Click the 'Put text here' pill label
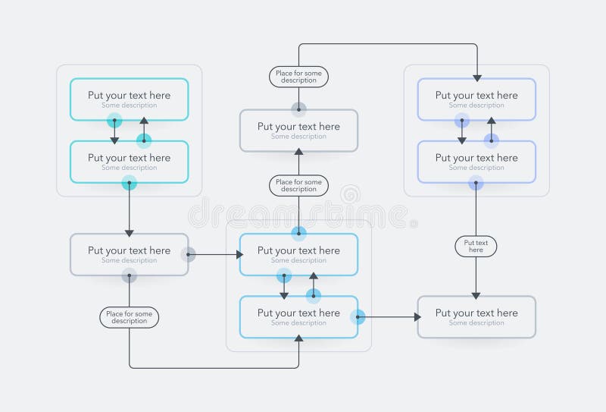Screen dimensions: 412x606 click(476, 246)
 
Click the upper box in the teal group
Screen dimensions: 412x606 click(129, 99)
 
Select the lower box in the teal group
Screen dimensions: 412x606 click(129, 162)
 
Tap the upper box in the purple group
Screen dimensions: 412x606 click(476, 99)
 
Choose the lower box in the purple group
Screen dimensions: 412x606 click(476, 162)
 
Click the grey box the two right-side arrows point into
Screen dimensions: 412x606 click(476, 316)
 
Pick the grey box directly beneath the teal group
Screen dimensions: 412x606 click(129, 254)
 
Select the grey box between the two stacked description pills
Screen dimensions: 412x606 click(298, 131)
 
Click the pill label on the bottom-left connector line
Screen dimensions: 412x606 click(129, 317)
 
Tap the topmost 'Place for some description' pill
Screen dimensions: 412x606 click(298, 77)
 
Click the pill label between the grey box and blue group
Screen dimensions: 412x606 click(298, 186)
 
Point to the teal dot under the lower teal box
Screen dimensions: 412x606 click(130, 183)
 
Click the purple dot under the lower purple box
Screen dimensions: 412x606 click(476, 183)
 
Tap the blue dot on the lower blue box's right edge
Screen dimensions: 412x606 click(358, 317)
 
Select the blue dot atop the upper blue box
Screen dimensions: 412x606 click(298, 233)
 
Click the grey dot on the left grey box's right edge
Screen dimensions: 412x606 click(188, 255)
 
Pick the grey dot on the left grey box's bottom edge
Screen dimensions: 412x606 click(130, 276)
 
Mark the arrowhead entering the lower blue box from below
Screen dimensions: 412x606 click(298, 340)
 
